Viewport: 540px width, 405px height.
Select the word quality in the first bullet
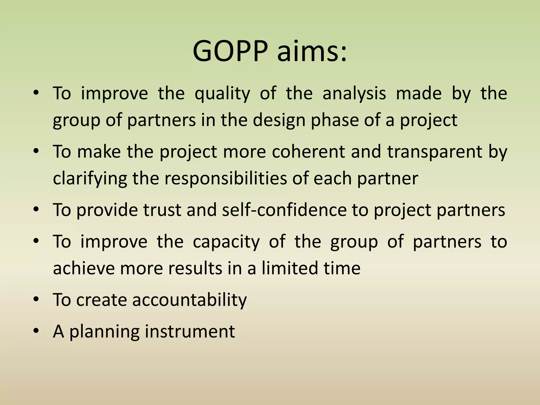click(222, 94)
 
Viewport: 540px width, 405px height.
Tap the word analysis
click(354, 94)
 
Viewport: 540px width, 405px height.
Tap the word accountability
click(189, 300)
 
